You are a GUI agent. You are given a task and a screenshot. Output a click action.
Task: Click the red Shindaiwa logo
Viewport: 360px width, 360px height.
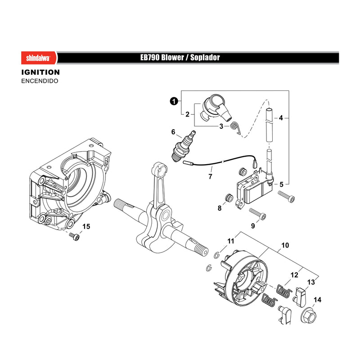click(x=39, y=58)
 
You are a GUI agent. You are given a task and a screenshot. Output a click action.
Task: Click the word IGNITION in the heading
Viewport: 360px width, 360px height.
click(x=40, y=72)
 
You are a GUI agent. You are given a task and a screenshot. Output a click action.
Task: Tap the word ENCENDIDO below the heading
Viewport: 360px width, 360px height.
click(x=40, y=81)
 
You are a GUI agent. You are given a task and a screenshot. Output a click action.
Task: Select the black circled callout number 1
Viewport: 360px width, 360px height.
click(x=174, y=101)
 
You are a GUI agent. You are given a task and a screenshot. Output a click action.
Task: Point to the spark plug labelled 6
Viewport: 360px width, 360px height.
click(x=184, y=147)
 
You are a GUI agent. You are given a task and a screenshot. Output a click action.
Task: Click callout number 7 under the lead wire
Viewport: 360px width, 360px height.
click(x=210, y=176)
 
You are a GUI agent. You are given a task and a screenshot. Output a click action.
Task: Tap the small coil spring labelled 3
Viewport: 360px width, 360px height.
click(x=235, y=127)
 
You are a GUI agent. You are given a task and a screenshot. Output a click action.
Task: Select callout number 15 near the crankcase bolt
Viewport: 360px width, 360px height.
click(x=86, y=226)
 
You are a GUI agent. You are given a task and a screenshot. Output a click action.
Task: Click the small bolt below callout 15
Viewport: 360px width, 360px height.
click(x=74, y=236)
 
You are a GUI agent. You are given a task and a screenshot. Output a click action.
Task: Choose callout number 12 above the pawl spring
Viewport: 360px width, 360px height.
click(x=294, y=275)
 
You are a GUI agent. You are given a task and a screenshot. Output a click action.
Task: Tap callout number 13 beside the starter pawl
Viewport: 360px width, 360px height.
click(x=311, y=282)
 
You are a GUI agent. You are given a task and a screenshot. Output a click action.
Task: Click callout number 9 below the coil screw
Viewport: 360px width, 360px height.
click(x=253, y=226)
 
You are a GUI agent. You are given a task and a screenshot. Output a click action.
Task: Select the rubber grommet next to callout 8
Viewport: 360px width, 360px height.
click(x=229, y=198)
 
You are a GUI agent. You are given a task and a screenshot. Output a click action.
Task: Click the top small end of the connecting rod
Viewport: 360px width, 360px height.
click(x=159, y=169)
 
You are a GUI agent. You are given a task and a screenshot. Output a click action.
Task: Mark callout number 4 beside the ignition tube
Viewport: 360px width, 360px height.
click(x=281, y=118)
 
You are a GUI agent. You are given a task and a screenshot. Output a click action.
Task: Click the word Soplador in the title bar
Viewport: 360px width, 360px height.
click(x=205, y=58)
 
